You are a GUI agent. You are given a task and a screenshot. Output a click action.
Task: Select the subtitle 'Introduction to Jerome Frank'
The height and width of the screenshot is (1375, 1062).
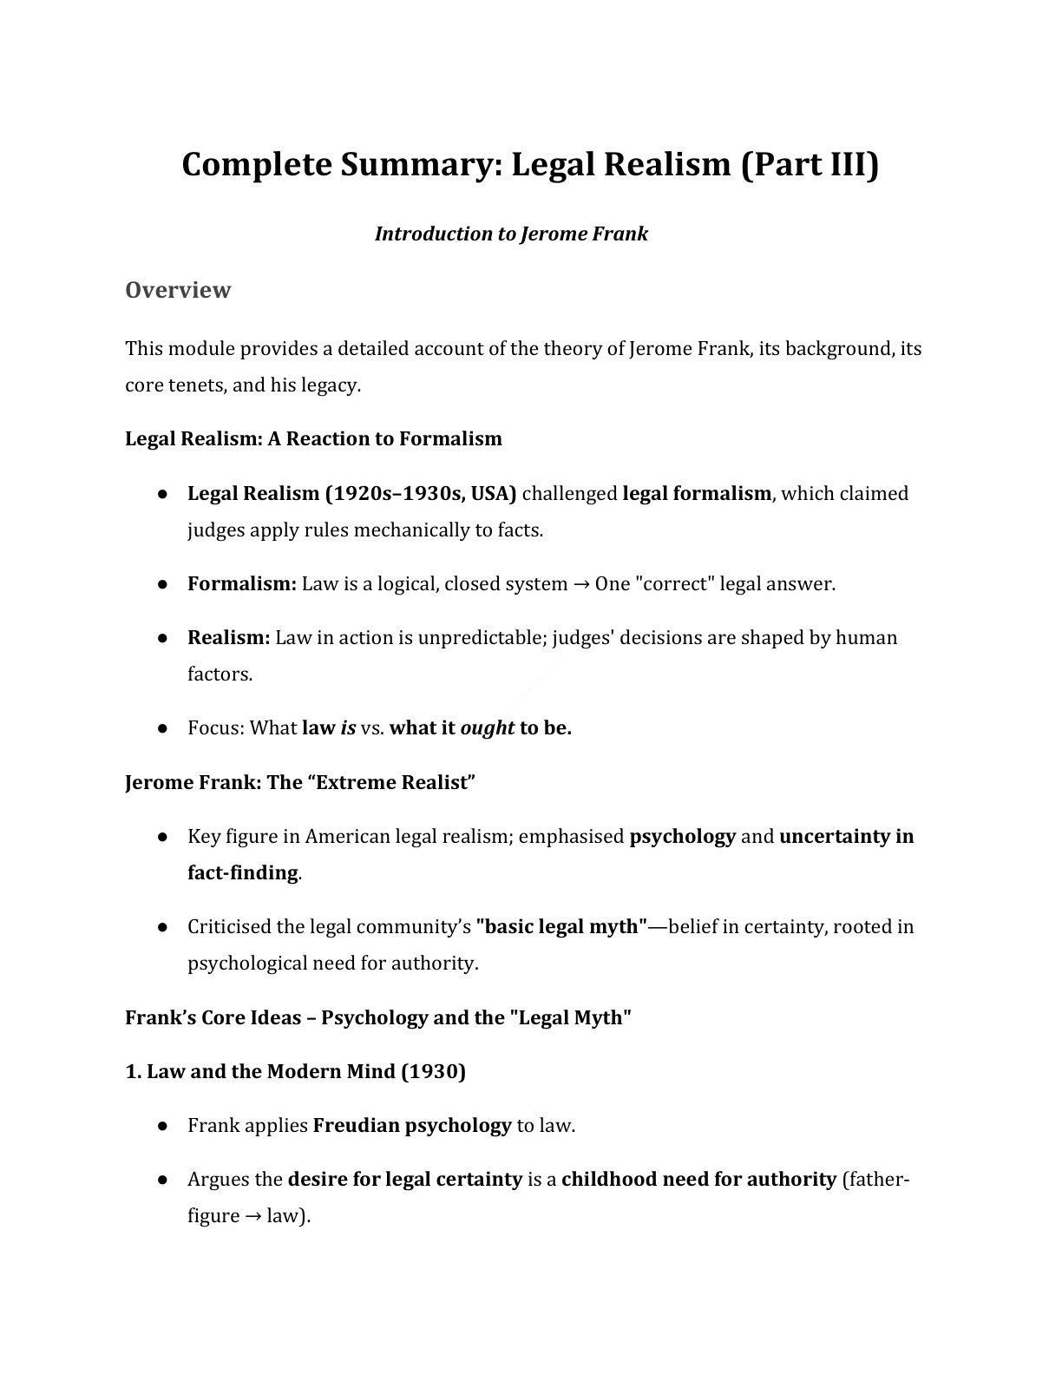coord(511,234)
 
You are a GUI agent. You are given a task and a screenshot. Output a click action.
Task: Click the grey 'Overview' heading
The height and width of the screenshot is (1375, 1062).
coord(178,289)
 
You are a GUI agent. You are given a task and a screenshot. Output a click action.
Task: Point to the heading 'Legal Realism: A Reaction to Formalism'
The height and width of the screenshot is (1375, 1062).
coord(313,438)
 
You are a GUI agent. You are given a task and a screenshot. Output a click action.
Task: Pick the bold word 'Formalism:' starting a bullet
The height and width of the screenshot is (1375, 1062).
coord(242,583)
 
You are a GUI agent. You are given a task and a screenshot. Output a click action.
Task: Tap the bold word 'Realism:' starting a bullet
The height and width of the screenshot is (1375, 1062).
coord(229,637)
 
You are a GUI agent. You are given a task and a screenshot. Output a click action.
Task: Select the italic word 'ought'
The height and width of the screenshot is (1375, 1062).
coord(487,727)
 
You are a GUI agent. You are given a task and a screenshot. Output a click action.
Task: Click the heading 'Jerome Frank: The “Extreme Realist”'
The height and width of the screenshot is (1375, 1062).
coord(300,782)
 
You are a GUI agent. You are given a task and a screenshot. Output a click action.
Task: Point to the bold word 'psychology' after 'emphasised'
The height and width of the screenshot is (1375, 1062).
coord(682,836)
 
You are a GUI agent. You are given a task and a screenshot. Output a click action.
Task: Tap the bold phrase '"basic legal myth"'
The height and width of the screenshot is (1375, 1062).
coord(561,926)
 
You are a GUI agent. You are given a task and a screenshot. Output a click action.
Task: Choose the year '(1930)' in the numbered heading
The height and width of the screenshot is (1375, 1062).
coord(433,1071)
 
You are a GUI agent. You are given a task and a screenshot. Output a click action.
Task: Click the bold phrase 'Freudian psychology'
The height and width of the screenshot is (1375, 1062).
coord(411,1125)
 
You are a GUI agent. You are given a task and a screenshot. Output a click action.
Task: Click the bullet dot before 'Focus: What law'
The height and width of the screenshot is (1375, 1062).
coord(162,728)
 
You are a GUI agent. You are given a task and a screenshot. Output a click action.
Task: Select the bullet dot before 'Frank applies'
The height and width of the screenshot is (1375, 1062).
coord(162,1126)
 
